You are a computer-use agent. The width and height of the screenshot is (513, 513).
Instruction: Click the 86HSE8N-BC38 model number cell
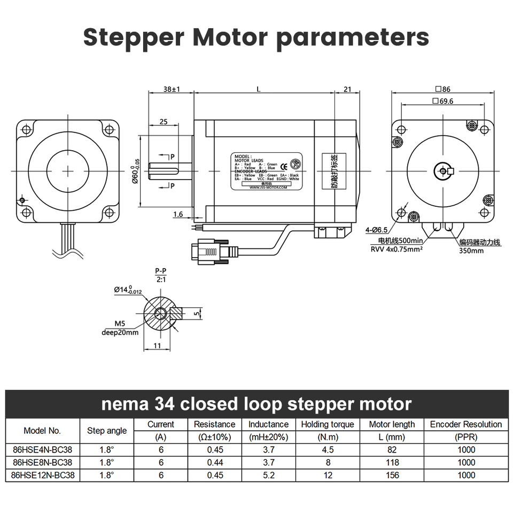42,462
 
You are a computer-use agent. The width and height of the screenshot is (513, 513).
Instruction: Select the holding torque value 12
328,475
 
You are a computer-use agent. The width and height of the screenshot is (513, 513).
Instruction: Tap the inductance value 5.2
268,475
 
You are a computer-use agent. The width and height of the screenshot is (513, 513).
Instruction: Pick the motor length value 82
392,450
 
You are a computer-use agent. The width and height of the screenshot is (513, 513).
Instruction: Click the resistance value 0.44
215,462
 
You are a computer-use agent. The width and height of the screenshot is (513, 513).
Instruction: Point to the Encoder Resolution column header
466,424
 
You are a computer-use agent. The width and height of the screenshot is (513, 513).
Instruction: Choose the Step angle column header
107,431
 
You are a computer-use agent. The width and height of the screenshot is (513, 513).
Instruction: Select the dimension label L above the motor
259,90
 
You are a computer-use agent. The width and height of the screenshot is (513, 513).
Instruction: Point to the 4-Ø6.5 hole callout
377,230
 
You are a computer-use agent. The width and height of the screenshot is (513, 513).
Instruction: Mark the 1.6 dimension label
178,214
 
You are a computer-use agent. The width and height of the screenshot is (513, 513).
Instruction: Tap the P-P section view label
160,271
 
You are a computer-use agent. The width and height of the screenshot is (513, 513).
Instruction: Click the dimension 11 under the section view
157,346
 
